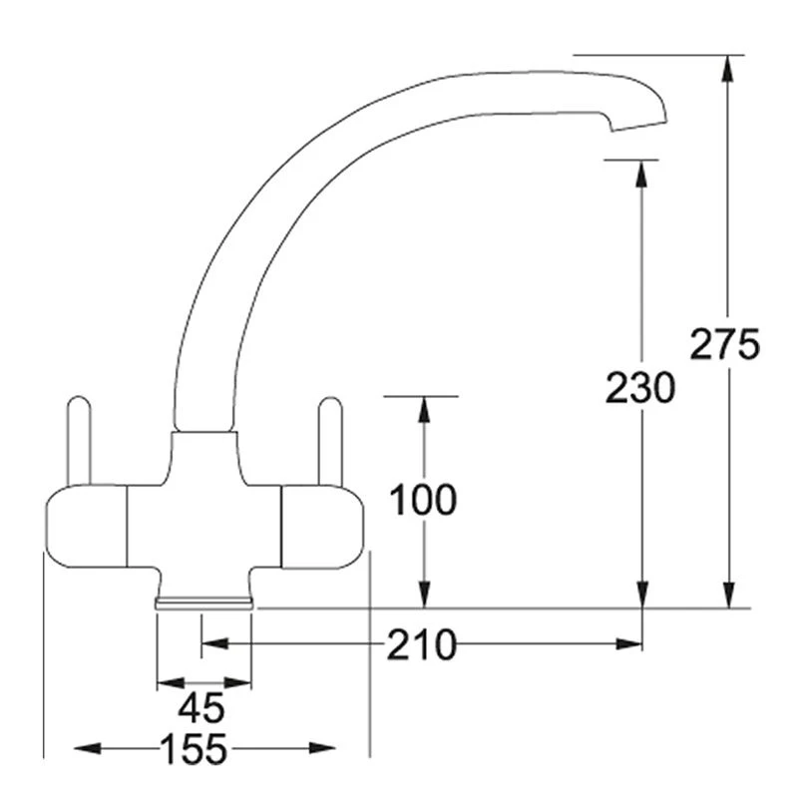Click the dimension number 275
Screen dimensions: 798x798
tap(725, 344)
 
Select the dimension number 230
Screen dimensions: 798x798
tap(639, 387)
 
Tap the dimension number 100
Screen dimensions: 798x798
tap(422, 500)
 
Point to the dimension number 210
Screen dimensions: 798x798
tap(422, 645)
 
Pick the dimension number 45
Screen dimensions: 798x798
tap(201, 708)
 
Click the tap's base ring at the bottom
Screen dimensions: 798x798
tap(204, 601)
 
